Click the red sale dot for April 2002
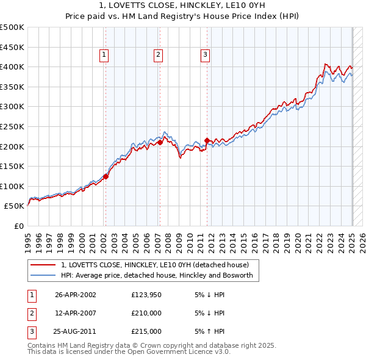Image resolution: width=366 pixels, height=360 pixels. tap(106, 176)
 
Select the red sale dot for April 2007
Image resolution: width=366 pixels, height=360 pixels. tap(159, 142)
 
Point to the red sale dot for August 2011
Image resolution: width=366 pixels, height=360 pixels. tap(207, 140)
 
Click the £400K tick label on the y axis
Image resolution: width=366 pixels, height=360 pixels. tap(12, 67)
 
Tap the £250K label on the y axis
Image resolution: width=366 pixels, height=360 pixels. tap(12, 126)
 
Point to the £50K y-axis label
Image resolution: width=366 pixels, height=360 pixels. tap(14, 206)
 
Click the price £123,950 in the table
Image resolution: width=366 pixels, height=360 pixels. tap(146, 294)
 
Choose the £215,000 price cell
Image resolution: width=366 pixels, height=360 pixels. tap(146, 331)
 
